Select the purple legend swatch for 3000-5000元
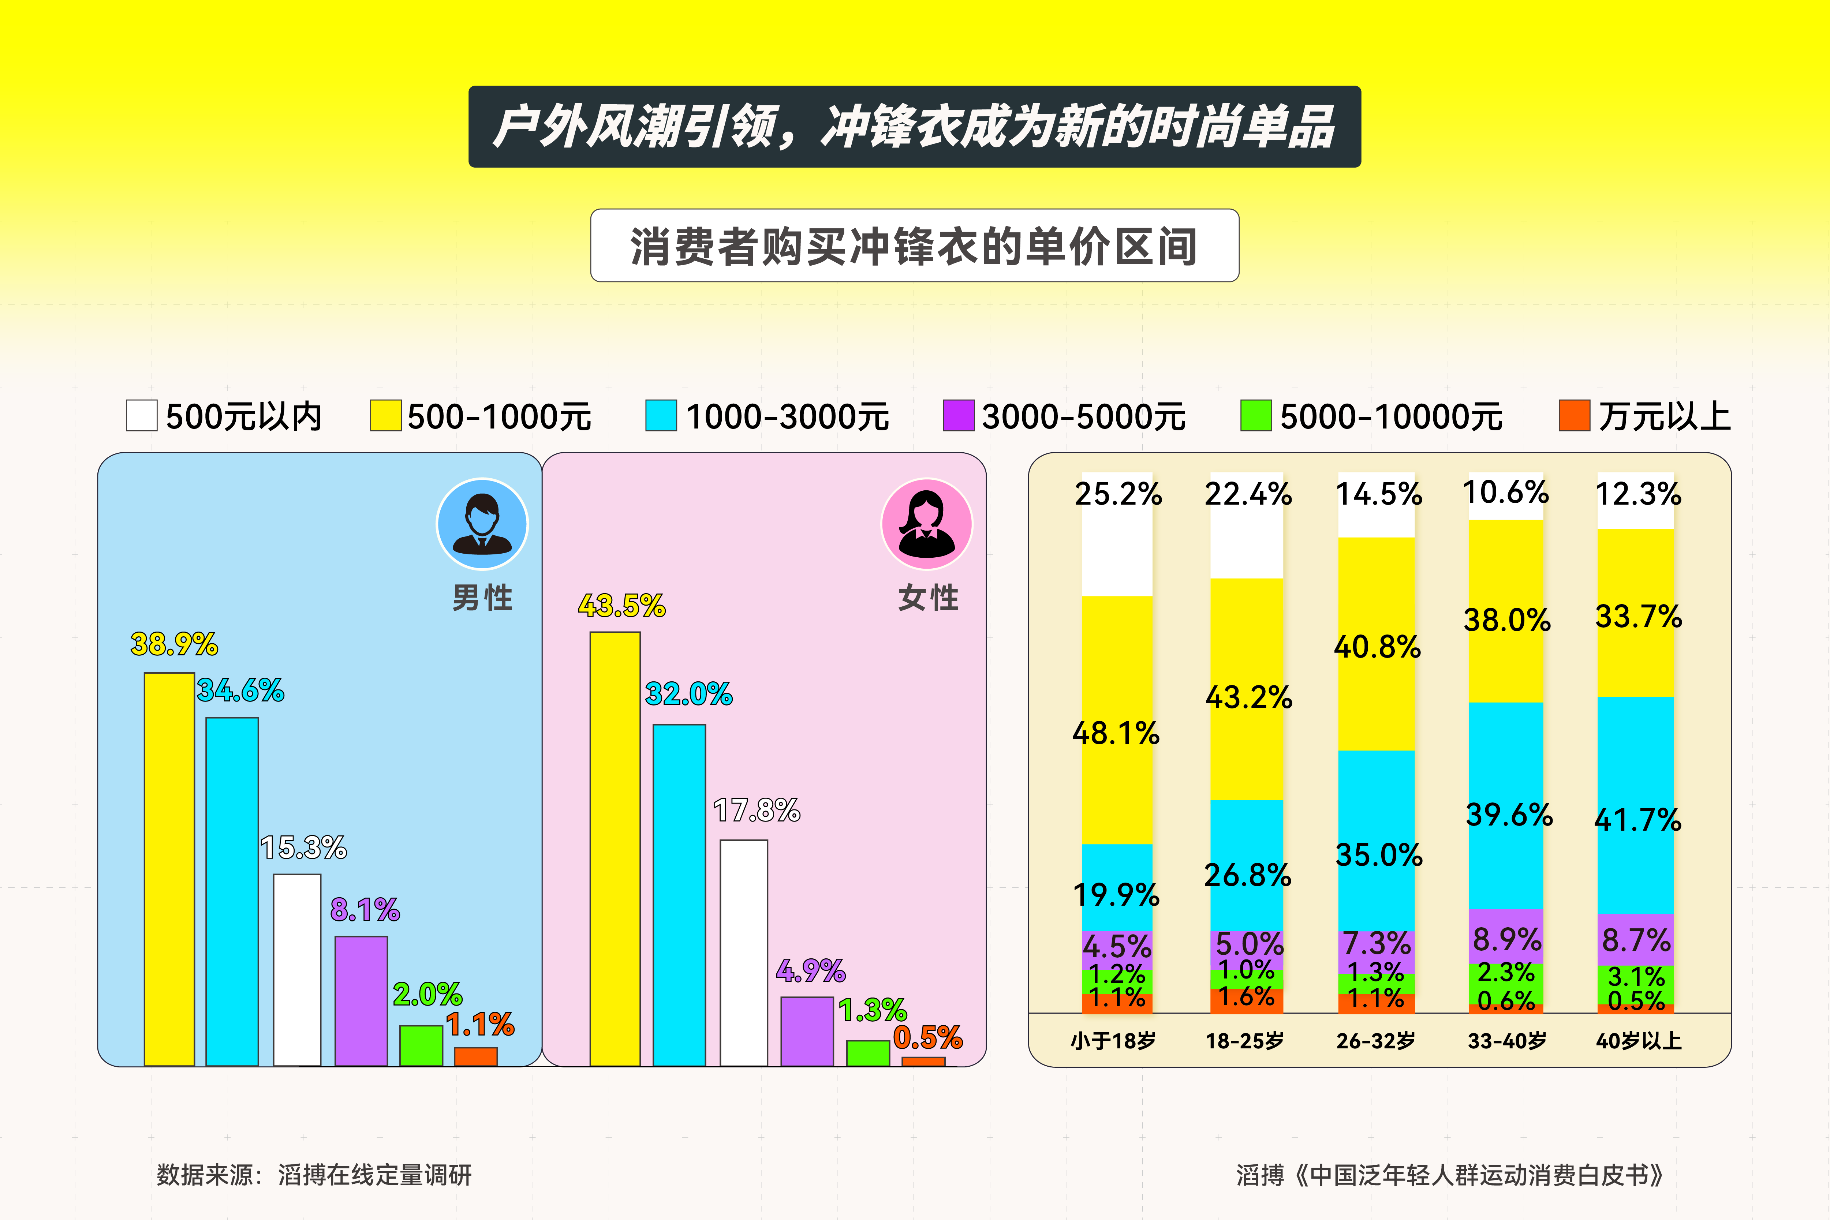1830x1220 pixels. [958, 415]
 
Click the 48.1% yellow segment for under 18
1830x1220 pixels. [1117, 720]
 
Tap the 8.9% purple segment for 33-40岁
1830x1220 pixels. [1506, 936]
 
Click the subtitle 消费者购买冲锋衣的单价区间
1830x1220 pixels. [914, 246]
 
